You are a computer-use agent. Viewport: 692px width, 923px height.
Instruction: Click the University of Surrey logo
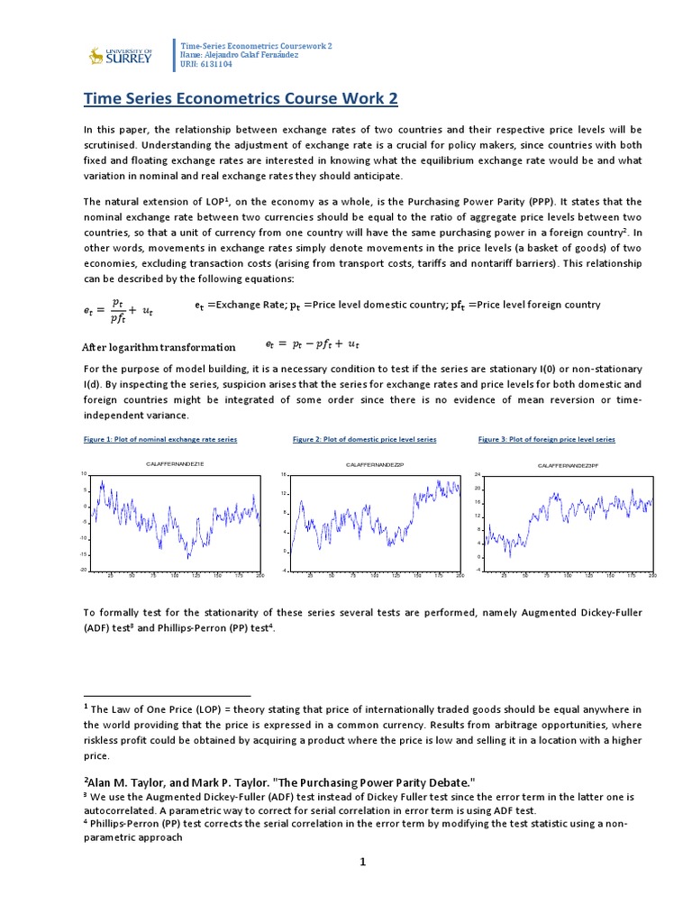(114, 56)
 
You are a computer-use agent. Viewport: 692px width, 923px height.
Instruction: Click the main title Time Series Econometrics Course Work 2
(240, 97)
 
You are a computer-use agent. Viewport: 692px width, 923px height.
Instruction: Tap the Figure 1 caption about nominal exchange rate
(159, 439)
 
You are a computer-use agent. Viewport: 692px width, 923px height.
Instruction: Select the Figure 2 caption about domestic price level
(364, 439)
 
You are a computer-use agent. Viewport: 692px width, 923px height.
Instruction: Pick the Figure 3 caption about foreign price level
(546, 439)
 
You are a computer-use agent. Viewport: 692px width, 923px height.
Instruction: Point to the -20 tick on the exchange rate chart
(83, 570)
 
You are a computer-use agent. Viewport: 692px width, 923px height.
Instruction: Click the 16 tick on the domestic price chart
(283, 474)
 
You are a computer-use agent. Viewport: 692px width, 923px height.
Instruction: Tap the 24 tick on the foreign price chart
(478, 474)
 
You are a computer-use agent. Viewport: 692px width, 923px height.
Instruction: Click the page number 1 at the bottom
(363, 862)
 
